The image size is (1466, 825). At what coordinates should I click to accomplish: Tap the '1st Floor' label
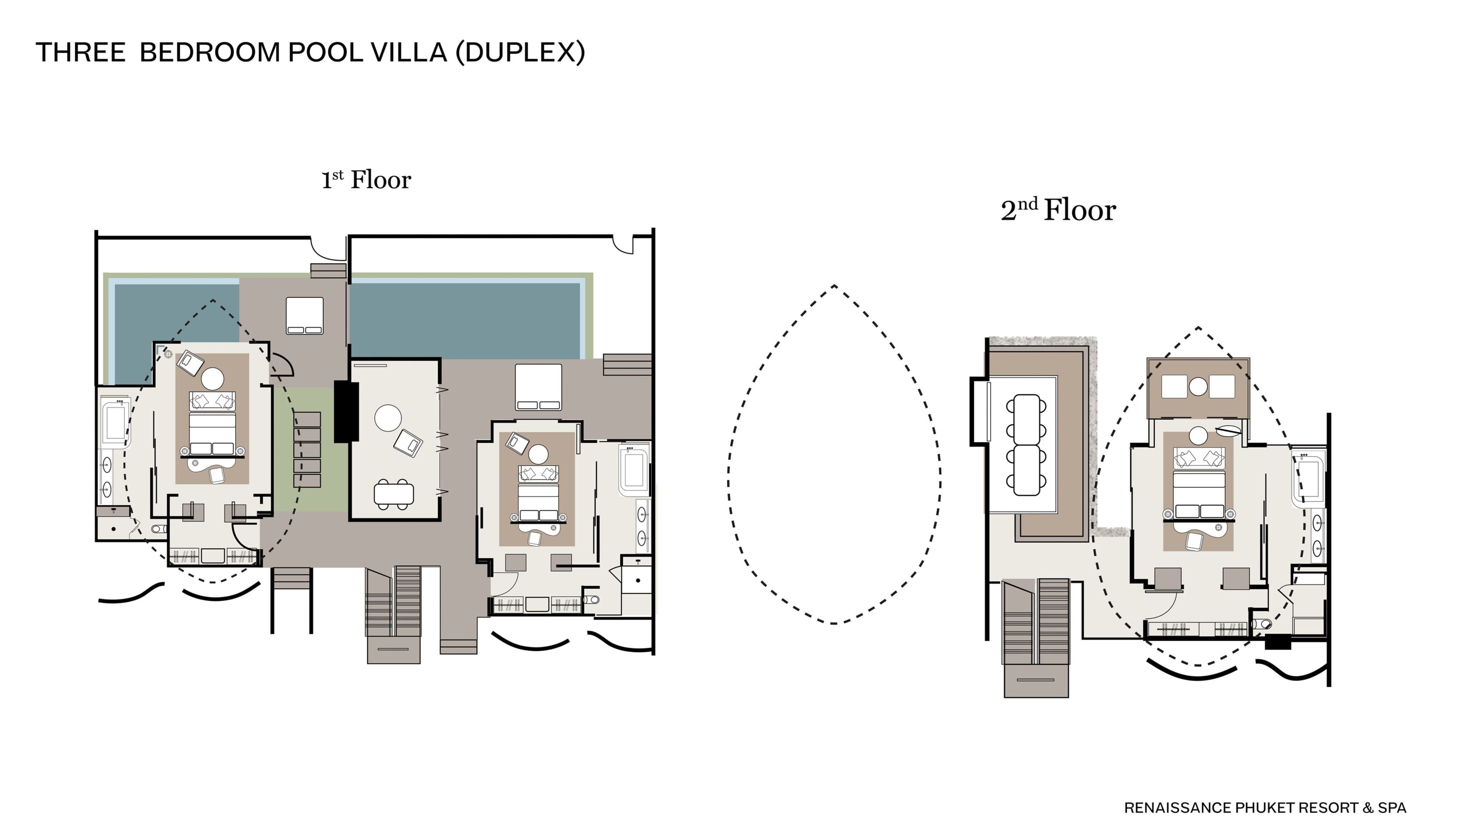coord(366,180)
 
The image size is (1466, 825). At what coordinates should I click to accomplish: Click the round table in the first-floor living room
coord(388,418)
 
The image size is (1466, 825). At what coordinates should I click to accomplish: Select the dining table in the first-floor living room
coord(394,493)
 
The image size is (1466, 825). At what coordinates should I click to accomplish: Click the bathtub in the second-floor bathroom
coord(1309,478)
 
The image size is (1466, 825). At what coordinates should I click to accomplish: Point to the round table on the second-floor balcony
coord(1198,387)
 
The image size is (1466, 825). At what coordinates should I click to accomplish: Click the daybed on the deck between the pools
coord(305,315)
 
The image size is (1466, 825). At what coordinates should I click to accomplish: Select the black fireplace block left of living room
coord(346,411)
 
